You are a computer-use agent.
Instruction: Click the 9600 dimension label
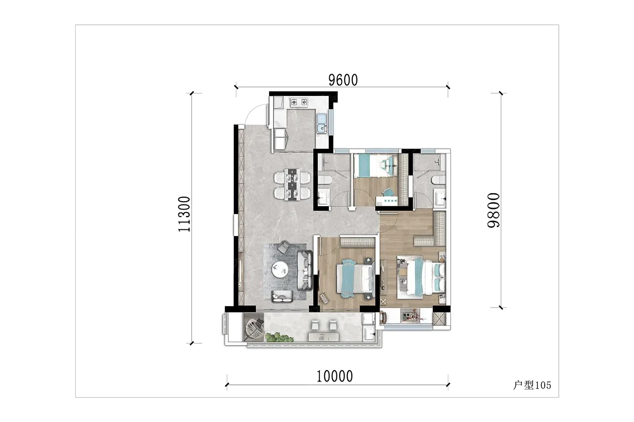343,80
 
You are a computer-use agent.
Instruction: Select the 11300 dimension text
184,214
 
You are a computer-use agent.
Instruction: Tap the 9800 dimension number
494,210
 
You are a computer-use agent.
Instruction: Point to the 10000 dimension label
335,376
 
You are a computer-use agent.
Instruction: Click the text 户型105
532,385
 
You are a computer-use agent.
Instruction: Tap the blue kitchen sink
322,123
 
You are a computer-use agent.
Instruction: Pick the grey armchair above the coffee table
284,247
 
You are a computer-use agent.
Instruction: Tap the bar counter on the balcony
324,337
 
